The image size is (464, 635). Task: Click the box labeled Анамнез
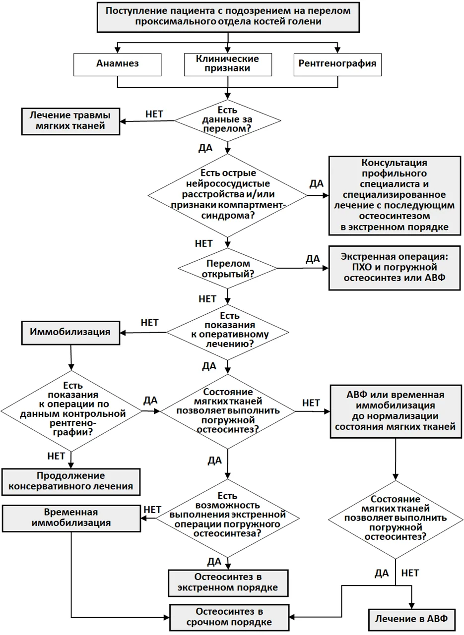(117, 64)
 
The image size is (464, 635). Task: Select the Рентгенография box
(337, 64)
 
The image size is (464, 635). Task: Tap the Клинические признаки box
(228, 64)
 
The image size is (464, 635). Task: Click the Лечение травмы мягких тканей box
(70, 121)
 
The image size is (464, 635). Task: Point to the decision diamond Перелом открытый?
(228, 268)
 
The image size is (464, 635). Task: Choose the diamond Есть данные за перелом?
(228, 120)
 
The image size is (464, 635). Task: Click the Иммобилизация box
(70, 333)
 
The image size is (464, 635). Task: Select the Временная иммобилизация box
(71, 518)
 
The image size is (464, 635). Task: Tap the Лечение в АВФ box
(412, 620)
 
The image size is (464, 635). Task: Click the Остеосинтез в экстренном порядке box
(228, 583)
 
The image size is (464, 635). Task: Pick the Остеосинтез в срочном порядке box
(229, 618)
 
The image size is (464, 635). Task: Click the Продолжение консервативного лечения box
(71, 482)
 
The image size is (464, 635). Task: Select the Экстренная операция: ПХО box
(395, 268)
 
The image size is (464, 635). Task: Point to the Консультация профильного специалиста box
(395, 196)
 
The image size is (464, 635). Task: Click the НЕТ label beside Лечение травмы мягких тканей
(154, 114)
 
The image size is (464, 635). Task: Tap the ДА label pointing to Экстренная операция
(313, 259)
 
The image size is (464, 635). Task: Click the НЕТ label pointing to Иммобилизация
(149, 323)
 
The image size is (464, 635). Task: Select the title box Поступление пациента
(228, 17)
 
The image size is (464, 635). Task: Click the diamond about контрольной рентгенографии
(71, 411)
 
